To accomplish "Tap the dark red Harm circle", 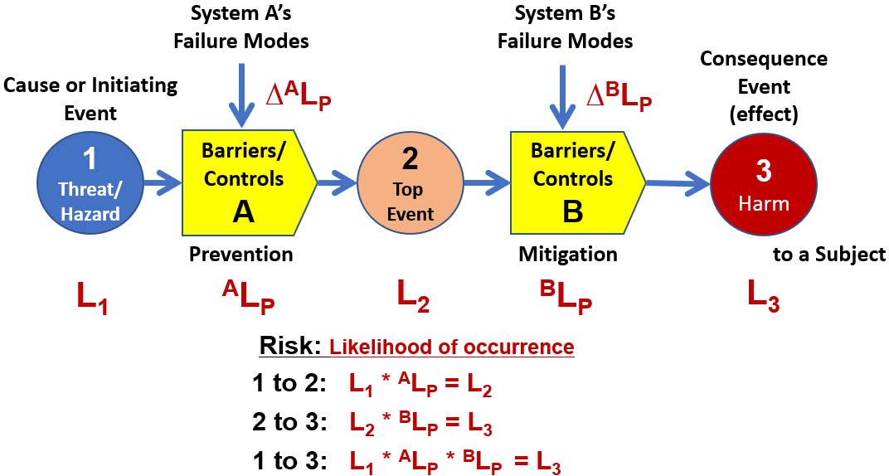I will tap(764, 184).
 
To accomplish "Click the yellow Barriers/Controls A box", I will tap(245, 178).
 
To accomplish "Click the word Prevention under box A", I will tap(240, 254).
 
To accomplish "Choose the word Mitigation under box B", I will tap(568, 254).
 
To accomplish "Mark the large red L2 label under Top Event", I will tap(413, 296).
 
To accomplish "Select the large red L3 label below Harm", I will tap(763, 296).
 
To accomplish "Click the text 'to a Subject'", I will tap(829, 255).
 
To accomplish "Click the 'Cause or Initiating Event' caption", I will tap(90, 97).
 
